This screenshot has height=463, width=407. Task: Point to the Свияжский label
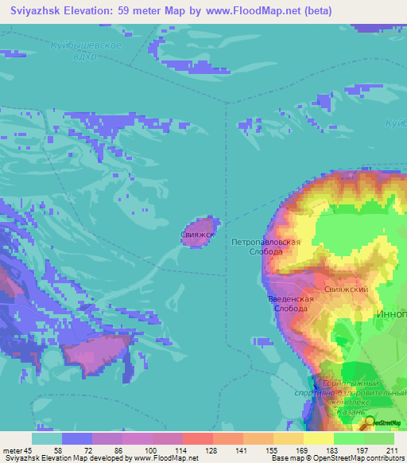346,290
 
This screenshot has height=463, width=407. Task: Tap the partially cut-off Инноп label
390,314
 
